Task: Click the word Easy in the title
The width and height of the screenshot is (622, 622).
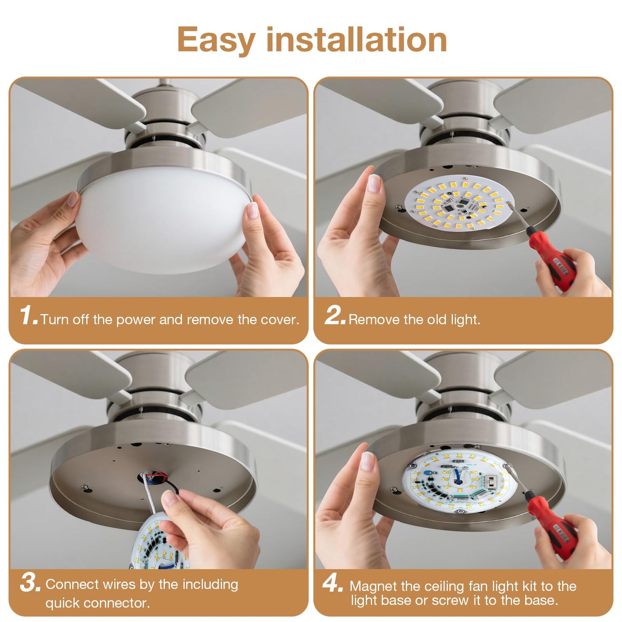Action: click(x=216, y=40)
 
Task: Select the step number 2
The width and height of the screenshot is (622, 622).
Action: click(x=335, y=316)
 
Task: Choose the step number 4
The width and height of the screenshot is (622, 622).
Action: click(x=333, y=585)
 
